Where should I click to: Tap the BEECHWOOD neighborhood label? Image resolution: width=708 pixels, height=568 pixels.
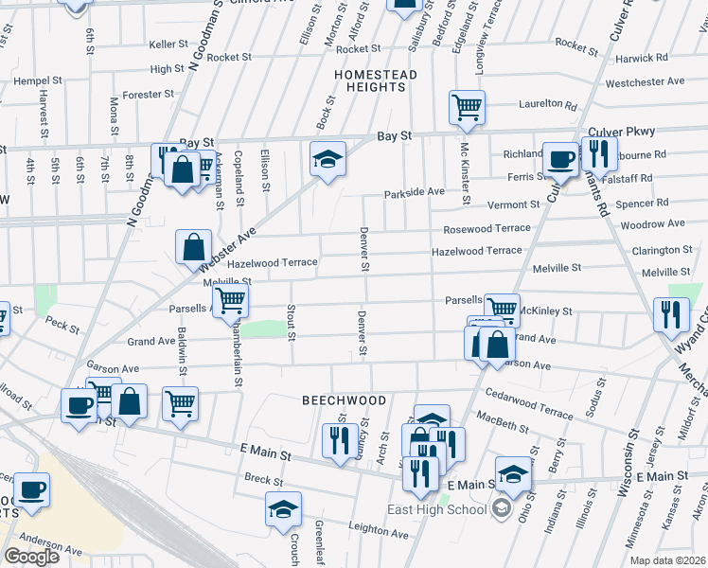(x=345, y=400)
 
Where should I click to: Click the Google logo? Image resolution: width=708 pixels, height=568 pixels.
(x=31, y=557)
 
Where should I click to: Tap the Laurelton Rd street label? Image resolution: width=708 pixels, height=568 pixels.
(x=547, y=105)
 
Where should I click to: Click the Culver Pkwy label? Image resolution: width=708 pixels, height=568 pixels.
(x=622, y=132)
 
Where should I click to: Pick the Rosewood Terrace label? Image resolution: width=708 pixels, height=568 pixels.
(x=487, y=229)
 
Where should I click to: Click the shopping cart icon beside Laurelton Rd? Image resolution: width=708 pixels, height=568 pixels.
(x=467, y=108)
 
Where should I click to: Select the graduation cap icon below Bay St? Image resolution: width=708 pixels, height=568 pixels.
(x=327, y=158)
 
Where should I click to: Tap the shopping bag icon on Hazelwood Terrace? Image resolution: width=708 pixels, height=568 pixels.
(x=193, y=247)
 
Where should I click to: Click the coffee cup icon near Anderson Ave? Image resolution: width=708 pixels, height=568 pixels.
(x=32, y=490)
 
